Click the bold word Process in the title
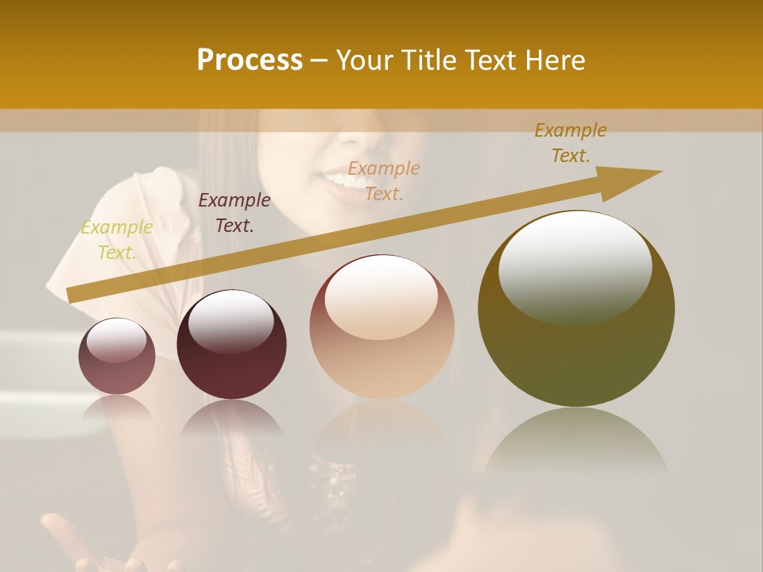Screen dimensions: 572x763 250,60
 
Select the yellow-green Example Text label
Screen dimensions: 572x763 116,240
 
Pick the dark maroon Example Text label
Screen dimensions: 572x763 234,213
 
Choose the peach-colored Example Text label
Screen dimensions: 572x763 384,180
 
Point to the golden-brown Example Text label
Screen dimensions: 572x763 570,143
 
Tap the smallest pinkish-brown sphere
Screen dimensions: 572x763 117,356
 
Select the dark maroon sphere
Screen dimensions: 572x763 231,345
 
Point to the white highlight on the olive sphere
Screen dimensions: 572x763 575,266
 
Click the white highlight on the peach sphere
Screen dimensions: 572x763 381,296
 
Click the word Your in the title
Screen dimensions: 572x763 364,60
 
